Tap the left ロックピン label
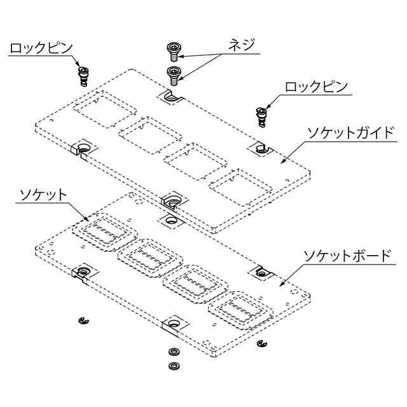point(41,48)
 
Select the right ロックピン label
point(315,88)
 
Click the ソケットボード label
point(347,256)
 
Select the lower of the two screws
point(173,73)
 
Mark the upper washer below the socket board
point(172,352)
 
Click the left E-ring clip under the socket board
point(82,321)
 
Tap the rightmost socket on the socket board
point(239,311)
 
